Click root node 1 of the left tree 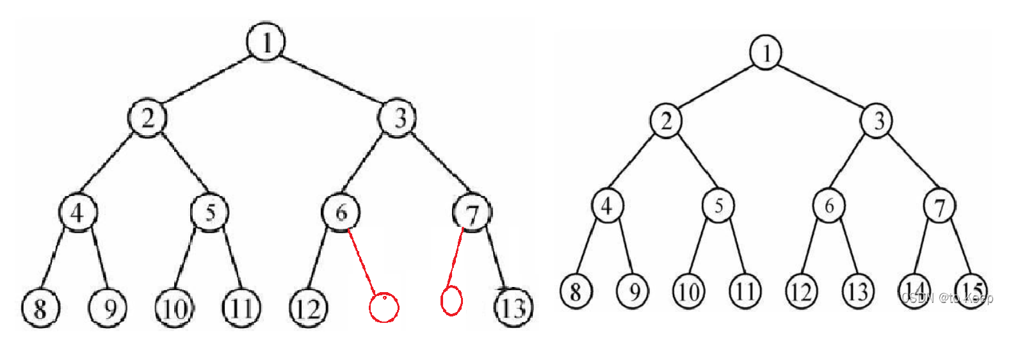[266, 42]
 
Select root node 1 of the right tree [766, 52]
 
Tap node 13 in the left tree [514, 308]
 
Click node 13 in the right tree [857, 291]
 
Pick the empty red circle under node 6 [384, 307]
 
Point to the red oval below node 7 [451, 300]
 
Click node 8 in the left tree [40, 308]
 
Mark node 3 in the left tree [398, 118]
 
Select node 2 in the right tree [666, 120]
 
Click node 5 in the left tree [210, 211]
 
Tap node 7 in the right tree [939, 206]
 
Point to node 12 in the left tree [309, 308]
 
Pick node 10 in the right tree [688, 291]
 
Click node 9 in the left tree [108, 308]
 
